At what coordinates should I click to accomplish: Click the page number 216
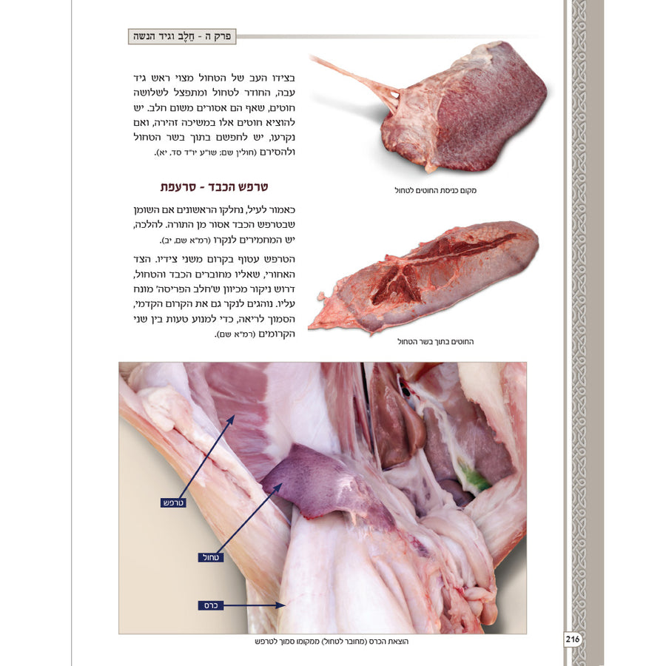[x=572, y=639]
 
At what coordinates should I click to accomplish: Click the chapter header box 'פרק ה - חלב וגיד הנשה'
[x=182, y=36]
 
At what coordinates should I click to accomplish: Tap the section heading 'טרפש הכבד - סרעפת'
[x=214, y=187]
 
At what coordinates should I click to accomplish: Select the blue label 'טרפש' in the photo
[x=173, y=503]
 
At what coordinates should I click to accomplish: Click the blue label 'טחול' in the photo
[x=211, y=557]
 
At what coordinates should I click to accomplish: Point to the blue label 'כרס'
[x=211, y=605]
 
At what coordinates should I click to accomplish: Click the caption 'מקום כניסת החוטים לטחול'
[x=435, y=191]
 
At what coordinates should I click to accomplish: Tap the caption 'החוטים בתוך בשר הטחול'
[x=435, y=341]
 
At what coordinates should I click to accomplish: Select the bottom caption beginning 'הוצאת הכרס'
[x=332, y=642]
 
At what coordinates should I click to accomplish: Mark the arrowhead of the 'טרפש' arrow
[x=231, y=419]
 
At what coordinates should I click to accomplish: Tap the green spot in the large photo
[x=474, y=479]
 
